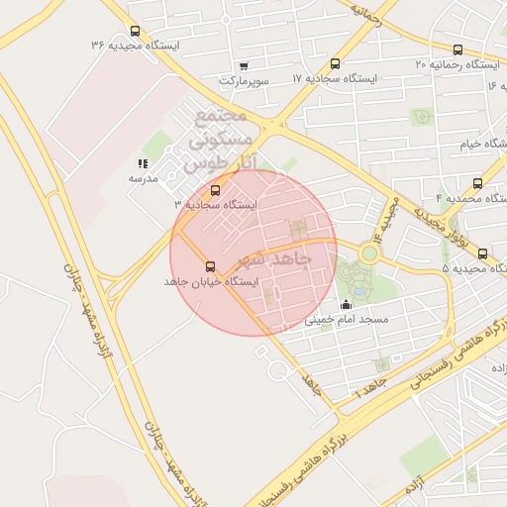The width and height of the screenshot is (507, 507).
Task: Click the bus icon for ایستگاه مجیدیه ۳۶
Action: [x=135, y=31]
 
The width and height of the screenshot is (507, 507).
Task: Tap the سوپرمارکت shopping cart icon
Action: [x=229, y=64]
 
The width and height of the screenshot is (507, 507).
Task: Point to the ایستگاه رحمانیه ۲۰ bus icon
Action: [x=456, y=50]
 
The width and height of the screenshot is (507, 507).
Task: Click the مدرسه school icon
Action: [x=143, y=163]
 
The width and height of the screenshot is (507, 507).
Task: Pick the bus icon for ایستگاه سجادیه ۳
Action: [x=216, y=189]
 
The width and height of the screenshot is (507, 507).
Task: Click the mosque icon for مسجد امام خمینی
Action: [x=346, y=305]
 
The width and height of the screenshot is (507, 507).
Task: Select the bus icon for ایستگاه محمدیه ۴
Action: [x=478, y=183]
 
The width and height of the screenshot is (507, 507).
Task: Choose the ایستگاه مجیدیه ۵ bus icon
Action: [x=482, y=253]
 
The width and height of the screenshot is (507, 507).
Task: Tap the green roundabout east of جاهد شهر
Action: [x=369, y=253]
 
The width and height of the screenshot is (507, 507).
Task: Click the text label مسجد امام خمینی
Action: [x=347, y=321]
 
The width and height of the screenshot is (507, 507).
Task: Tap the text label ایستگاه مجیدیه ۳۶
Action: [x=135, y=46]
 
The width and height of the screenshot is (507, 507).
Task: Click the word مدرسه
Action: [x=144, y=178]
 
